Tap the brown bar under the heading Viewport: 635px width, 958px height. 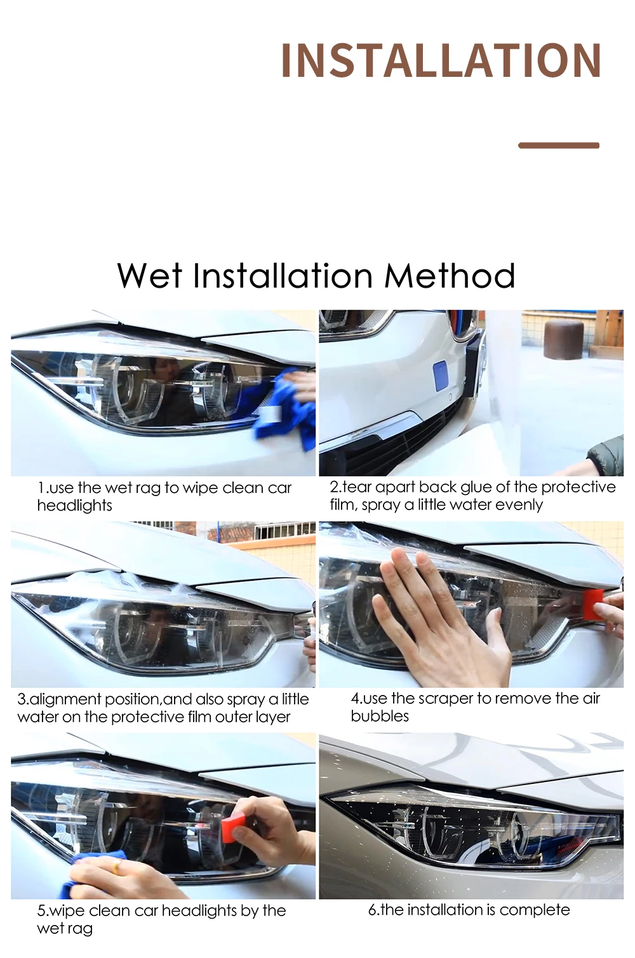tap(558, 145)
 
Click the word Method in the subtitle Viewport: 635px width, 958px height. tap(450, 276)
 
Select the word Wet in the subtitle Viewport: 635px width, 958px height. tap(150, 276)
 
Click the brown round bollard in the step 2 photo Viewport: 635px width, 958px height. tap(564, 339)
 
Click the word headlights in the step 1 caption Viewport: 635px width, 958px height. tap(74, 506)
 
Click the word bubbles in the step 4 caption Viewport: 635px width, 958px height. tap(380, 716)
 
